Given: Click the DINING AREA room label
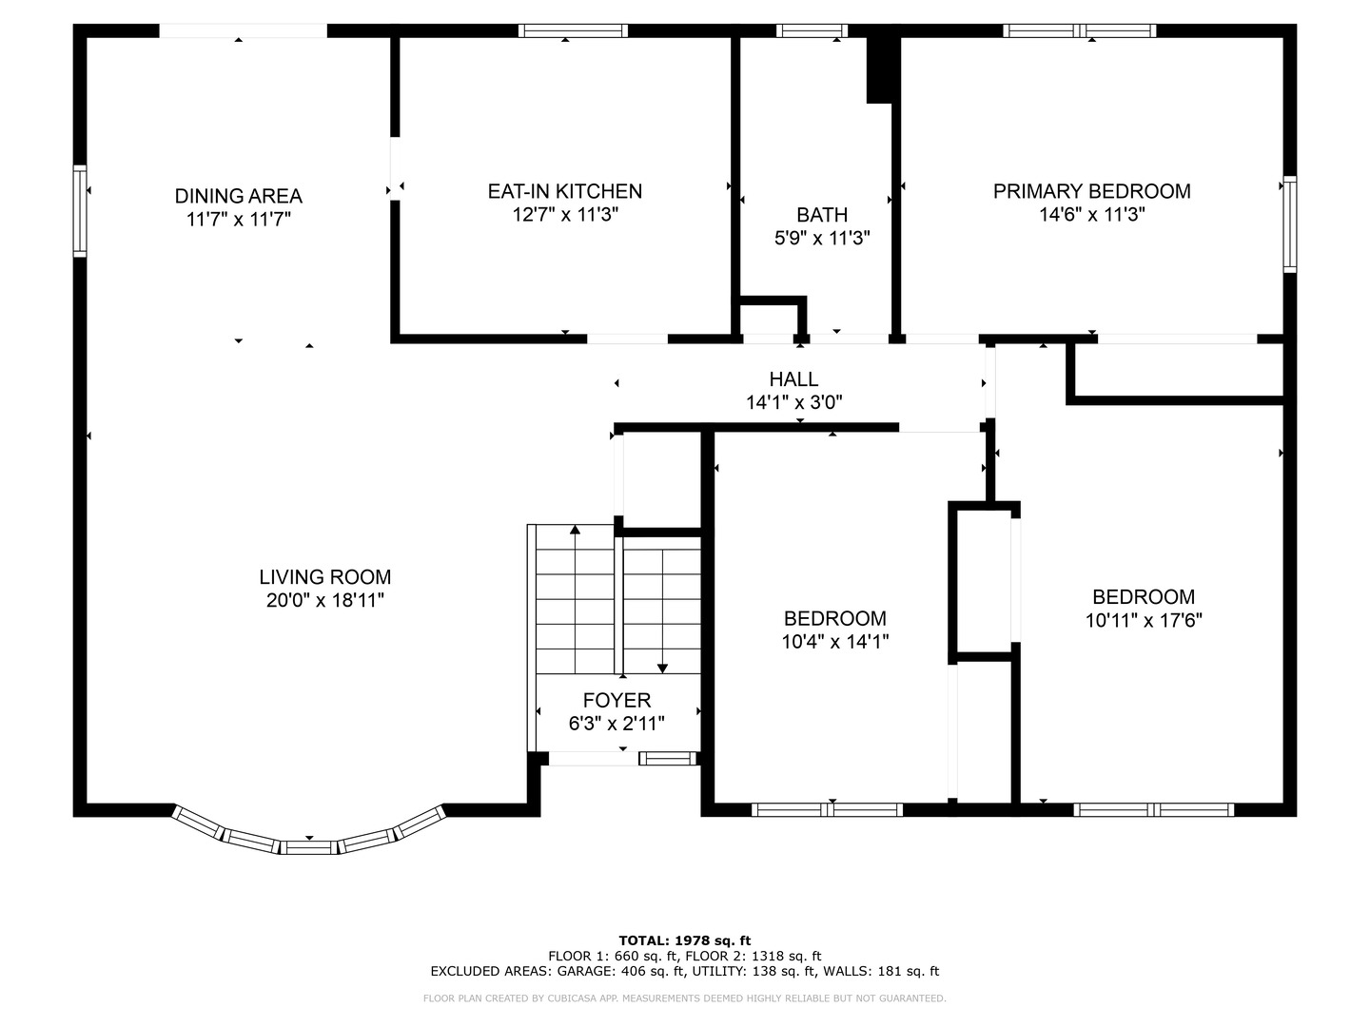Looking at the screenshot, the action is (239, 196).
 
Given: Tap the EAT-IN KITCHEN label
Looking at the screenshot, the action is (565, 191).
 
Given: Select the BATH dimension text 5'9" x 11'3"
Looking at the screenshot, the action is (822, 238).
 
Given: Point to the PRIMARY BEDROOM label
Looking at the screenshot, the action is (1091, 191).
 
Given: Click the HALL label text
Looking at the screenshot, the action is (793, 378).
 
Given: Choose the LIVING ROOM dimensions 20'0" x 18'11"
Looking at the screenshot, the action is (324, 600).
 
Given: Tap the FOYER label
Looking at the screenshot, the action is (616, 700).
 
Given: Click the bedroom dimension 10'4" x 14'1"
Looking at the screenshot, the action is (835, 641).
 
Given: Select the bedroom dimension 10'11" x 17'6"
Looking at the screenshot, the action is (1144, 620).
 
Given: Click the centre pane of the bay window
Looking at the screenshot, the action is (308, 847).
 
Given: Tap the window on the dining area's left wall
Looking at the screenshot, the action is (80, 211).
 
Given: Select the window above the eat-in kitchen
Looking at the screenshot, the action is (573, 30).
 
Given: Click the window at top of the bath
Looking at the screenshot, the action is (812, 30).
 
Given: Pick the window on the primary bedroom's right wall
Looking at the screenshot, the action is (1289, 224).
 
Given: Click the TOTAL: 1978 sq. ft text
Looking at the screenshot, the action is (685, 940).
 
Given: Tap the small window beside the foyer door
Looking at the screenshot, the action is (667, 758).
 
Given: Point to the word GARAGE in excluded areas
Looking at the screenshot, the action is (584, 971).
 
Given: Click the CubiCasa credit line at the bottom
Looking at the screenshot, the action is (685, 998).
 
